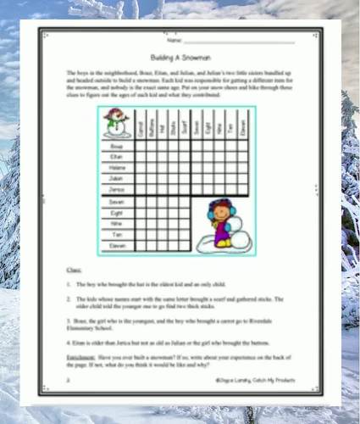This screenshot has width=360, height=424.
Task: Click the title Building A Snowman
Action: coord(179,55)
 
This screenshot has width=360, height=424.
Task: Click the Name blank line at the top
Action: coord(239,40)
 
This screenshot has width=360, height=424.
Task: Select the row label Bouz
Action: coord(117,146)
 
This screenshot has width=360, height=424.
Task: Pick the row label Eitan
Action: coord(117,157)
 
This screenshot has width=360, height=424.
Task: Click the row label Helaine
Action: coord(117,168)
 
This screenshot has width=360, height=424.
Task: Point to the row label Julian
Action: coord(117,178)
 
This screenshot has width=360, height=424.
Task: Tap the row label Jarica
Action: coord(117,189)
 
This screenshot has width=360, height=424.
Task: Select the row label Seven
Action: coord(117,202)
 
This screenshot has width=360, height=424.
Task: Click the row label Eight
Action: coord(117,213)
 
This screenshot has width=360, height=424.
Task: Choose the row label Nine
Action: coord(117,223)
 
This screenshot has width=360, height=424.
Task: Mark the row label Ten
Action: coord(117,234)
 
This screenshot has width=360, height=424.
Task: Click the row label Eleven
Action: coord(117,244)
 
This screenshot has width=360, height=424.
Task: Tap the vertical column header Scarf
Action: coord(184,126)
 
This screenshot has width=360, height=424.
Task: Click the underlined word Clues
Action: coord(74,269)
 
